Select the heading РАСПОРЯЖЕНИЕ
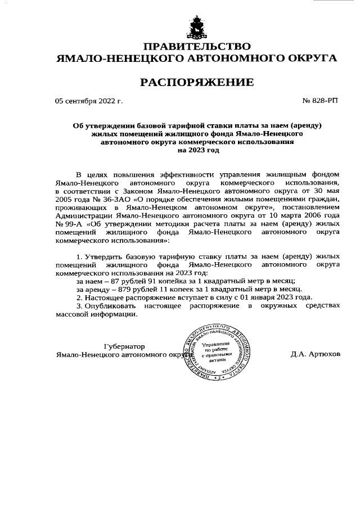point(196,83)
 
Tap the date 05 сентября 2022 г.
point(88,101)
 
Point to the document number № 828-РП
point(321,101)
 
